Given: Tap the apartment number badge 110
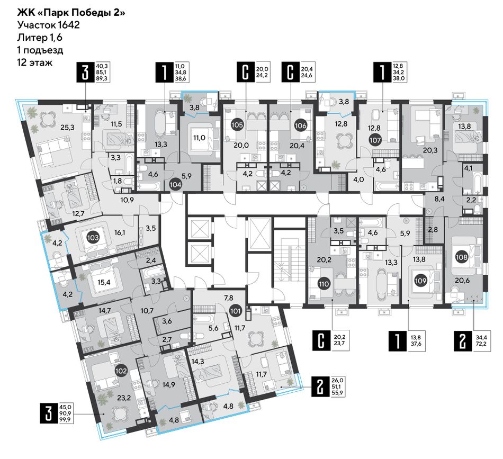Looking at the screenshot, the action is click(x=324, y=284).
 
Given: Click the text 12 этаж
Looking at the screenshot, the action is click(x=34, y=62).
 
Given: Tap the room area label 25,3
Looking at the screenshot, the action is click(x=67, y=128).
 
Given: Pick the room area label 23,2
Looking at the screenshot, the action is click(x=124, y=398).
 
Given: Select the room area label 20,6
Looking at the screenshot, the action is click(x=462, y=281).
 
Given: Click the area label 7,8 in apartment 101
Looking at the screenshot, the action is click(x=228, y=298).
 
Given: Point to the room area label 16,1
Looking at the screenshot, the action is click(x=119, y=232).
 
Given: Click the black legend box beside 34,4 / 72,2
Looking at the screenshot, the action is click(x=462, y=342).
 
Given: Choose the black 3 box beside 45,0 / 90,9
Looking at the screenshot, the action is click(x=48, y=413).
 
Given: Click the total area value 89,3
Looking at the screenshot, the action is click(x=103, y=78).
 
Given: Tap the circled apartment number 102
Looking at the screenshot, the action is click(x=121, y=371).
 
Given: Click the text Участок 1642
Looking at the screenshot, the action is click(x=48, y=25).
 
